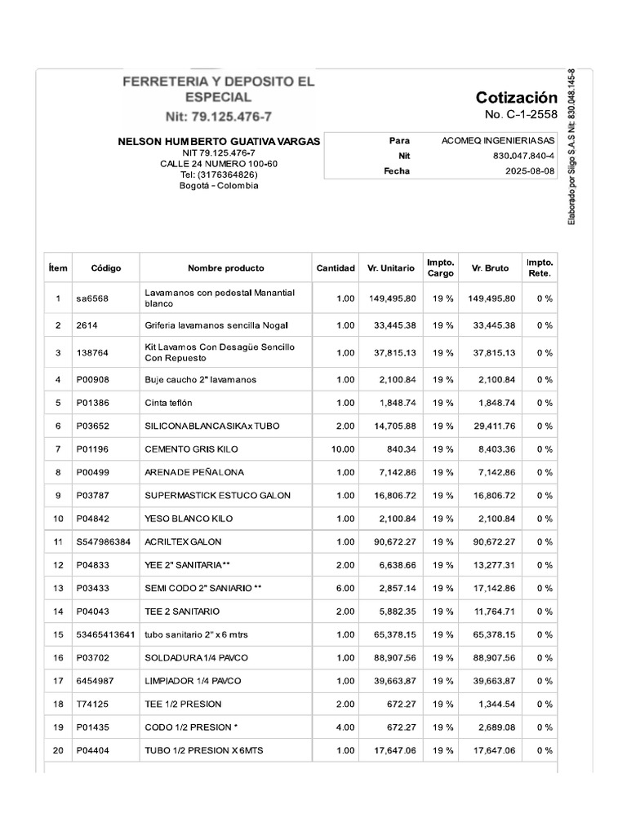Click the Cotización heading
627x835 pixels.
click(516, 98)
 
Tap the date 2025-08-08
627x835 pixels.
click(529, 171)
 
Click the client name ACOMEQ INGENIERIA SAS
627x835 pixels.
click(498, 140)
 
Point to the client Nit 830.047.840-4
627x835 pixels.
click(523, 156)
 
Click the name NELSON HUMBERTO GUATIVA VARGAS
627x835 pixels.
click(219, 142)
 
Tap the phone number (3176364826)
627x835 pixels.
click(219, 175)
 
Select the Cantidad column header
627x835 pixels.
click(336, 268)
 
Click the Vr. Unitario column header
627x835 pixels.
click(390, 268)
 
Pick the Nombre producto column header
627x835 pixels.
click(225, 268)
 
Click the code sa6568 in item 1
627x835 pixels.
click(92, 298)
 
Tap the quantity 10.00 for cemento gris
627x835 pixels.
click(343, 449)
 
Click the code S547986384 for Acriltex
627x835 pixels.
click(104, 541)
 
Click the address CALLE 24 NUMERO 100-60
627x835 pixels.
click(219, 164)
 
